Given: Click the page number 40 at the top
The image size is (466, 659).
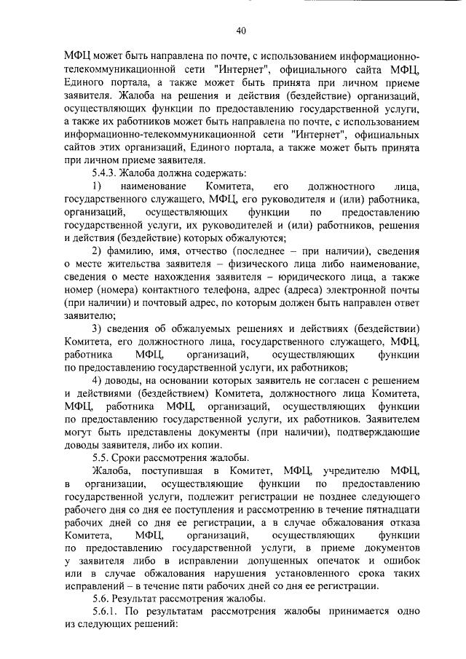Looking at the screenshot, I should point(241,30).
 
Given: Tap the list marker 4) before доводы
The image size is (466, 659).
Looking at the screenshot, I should point(98,382).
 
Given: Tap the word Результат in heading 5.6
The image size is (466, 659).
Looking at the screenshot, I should point(148,598).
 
